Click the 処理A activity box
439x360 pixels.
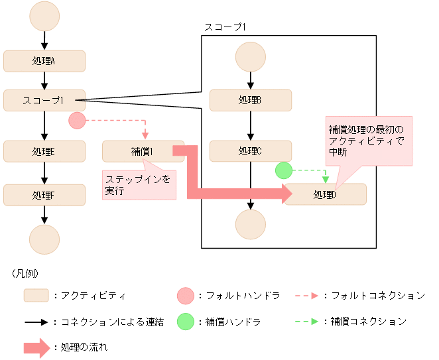pyautogui.click(x=44, y=61)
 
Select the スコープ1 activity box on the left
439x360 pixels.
pyautogui.click(x=44, y=100)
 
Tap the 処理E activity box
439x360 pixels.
pyautogui.click(x=44, y=151)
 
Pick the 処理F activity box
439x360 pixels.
pyautogui.click(x=44, y=195)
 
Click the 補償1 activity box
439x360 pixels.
pyautogui.click(x=143, y=151)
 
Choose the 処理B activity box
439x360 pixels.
pyautogui.click(x=250, y=100)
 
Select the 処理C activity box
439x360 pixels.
pyautogui.click(x=250, y=151)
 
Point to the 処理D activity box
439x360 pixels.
pyautogui.click(x=325, y=194)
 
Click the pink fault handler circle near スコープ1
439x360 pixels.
pyautogui.click(x=77, y=121)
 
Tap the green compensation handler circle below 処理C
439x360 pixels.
pyautogui.click(x=284, y=170)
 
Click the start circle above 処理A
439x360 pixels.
pyautogui.click(x=44, y=17)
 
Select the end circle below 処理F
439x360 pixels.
pyautogui.click(x=44, y=238)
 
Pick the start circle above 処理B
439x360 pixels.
pyautogui.click(x=250, y=57)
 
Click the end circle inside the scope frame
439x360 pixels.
pyautogui.click(x=250, y=225)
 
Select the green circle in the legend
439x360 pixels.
pyautogui.click(x=187, y=322)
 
